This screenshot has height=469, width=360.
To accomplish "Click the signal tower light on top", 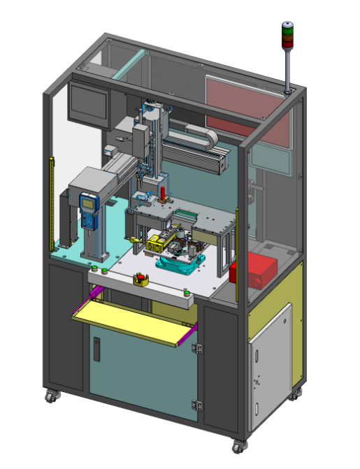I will tap(286, 36).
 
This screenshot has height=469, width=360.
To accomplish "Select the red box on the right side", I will tap(256, 270).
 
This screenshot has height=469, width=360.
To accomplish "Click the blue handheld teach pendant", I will tap(88, 209).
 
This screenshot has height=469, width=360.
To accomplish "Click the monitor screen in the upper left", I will tap(87, 103).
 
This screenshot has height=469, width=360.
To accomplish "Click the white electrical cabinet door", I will tap(269, 366).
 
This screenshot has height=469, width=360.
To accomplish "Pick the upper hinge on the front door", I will tap(196, 347).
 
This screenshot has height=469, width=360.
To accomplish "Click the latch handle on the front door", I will tap(96, 349).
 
